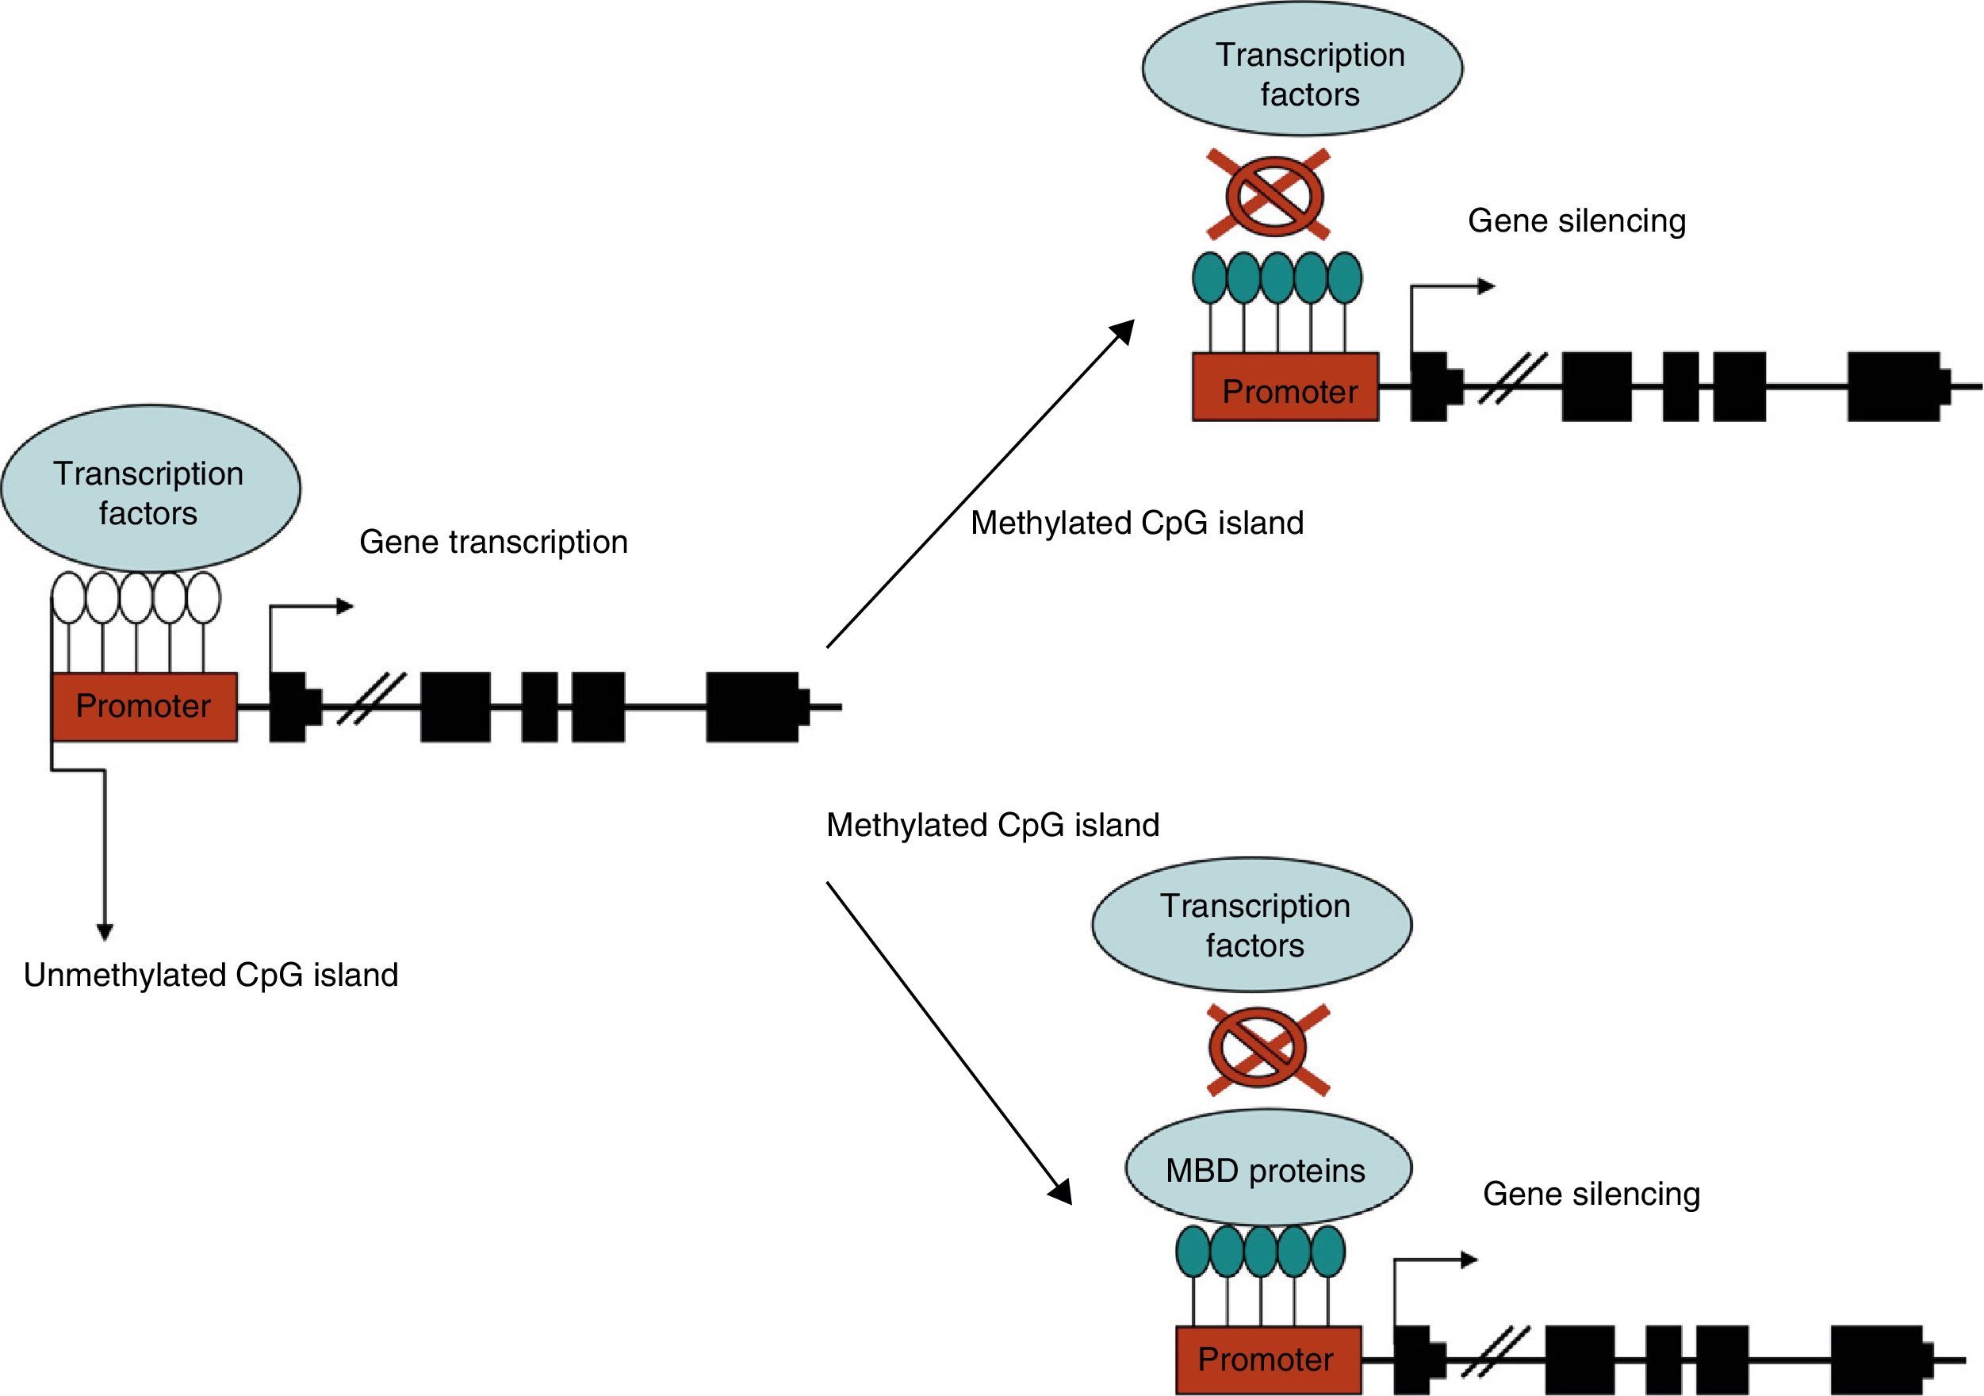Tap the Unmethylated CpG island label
211,975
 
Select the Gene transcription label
493,542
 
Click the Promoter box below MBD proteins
1268,1359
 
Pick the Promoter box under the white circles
144,706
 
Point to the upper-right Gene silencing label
1576,221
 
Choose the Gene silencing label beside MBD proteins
1591,1194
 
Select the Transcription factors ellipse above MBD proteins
1251,924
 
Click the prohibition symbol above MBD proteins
1268,1049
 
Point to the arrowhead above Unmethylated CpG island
105,932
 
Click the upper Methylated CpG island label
1136,523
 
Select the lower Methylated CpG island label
992,825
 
